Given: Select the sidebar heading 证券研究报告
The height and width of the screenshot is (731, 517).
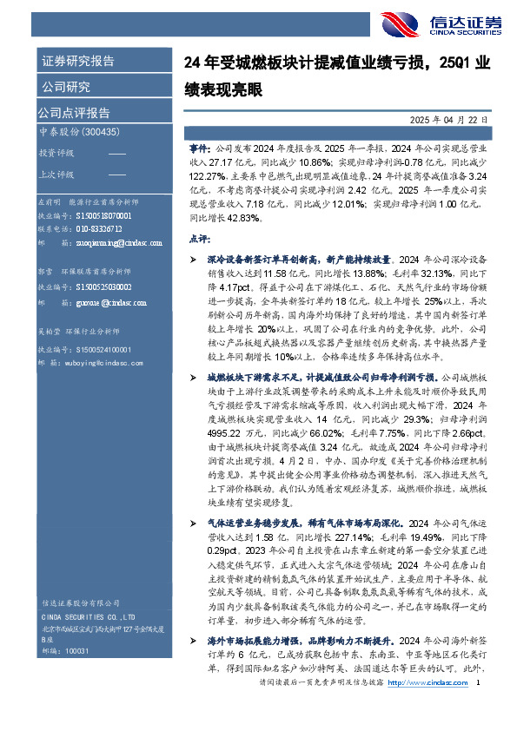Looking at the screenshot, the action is point(76,62).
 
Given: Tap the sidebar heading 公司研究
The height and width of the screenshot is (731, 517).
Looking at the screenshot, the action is point(65,87).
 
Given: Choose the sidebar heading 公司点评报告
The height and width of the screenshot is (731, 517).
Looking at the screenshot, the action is point(73,112).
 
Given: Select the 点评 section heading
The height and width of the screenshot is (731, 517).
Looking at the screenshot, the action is point(197,238).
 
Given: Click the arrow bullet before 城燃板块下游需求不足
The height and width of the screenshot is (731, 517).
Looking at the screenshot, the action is point(193,379).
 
